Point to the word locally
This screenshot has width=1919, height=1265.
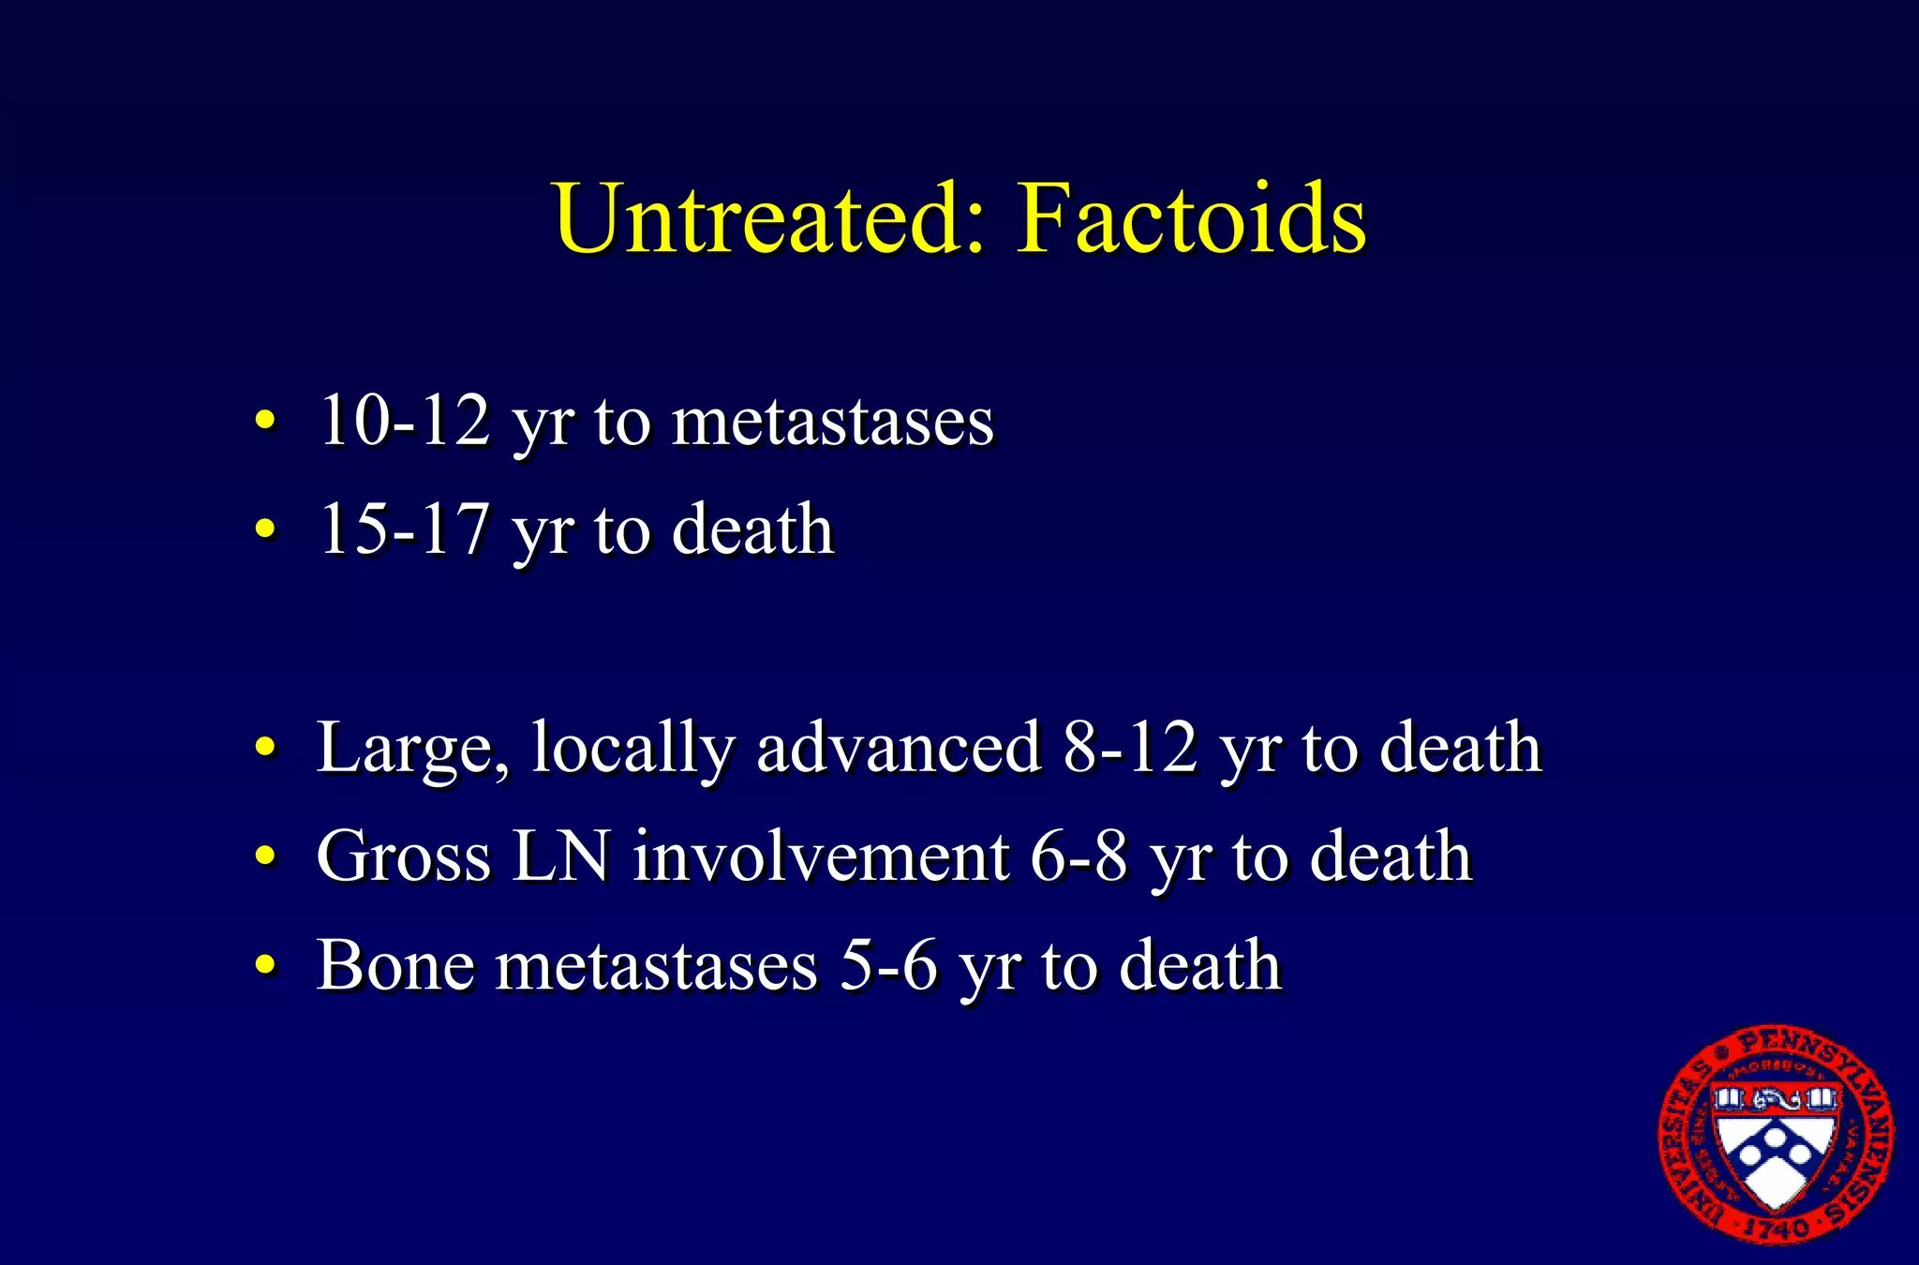pyautogui.click(x=633, y=748)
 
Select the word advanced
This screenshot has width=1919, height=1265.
pyautogui.click(x=898, y=748)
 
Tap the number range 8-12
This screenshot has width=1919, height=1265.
pyautogui.click(x=1130, y=748)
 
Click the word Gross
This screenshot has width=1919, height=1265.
pyautogui.click(x=403, y=856)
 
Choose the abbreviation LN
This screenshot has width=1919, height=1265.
pyautogui.click(x=559, y=856)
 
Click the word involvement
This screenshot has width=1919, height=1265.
pyautogui.click(x=821, y=856)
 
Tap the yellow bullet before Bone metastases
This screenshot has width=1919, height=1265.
pyautogui.click(x=266, y=965)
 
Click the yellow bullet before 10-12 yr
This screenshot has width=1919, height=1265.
pyautogui.click(x=266, y=422)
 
